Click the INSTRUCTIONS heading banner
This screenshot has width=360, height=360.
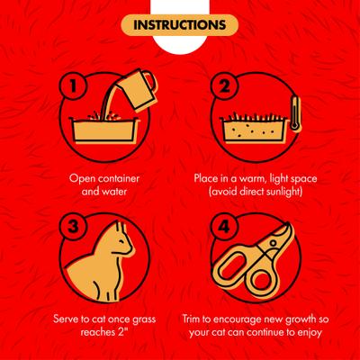(x=179, y=25)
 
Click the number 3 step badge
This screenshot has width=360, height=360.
(x=74, y=226)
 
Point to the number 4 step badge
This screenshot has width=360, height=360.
(x=224, y=226)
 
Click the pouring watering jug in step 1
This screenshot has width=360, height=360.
(x=137, y=89)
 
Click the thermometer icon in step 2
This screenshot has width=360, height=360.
(x=296, y=113)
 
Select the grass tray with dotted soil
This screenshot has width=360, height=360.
(x=254, y=128)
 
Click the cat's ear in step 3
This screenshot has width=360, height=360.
(x=121, y=228)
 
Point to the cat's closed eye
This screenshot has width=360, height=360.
(x=121, y=241)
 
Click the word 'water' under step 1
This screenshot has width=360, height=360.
(x=112, y=192)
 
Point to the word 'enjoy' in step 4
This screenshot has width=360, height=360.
(x=309, y=333)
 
